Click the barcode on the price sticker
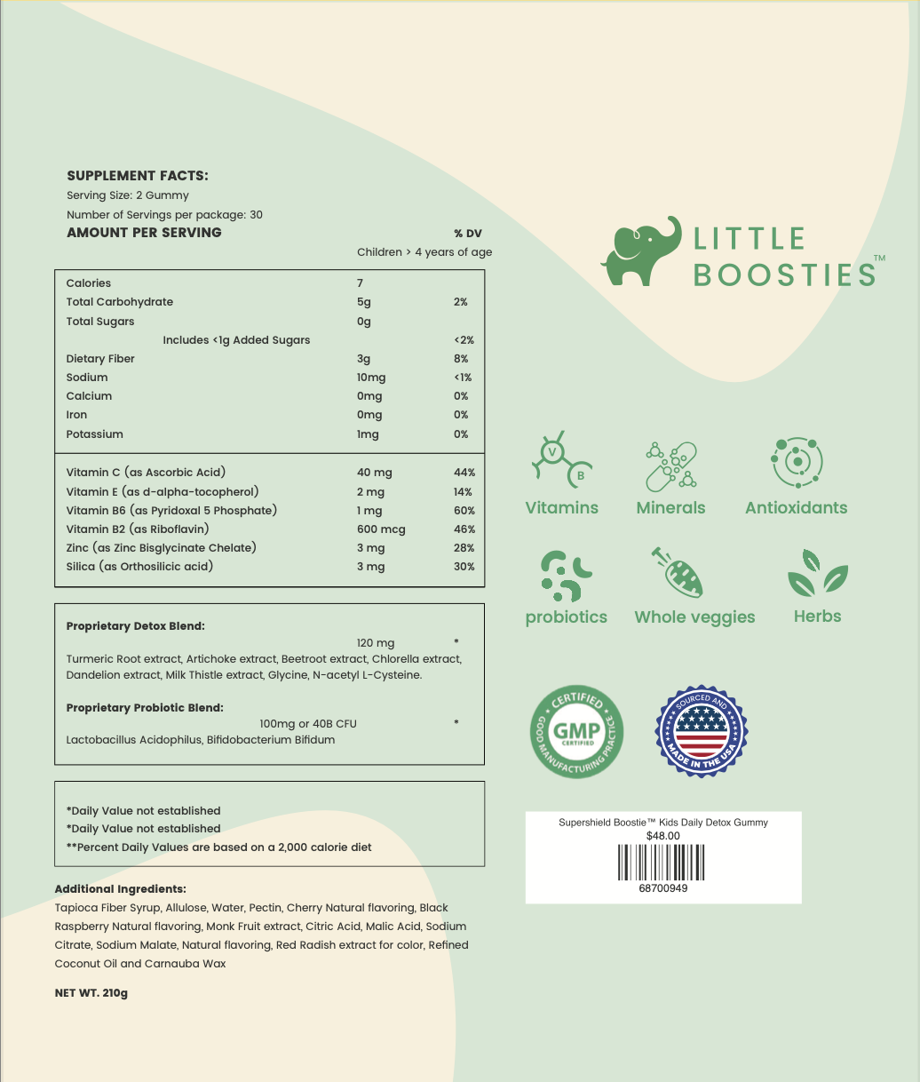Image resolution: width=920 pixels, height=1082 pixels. (x=662, y=862)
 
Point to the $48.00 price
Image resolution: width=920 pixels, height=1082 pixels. (x=662, y=836)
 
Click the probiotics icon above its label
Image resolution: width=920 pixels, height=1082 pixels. (x=566, y=576)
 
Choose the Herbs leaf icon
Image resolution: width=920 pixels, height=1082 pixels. (x=817, y=573)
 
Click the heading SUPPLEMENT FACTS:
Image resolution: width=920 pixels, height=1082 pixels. (x=138, y=176)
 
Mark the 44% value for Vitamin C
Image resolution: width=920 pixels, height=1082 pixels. (x=464, y=473)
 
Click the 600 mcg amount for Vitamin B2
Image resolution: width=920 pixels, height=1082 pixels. (x=381, y=529)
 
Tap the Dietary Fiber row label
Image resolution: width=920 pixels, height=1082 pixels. (x=100, y=359)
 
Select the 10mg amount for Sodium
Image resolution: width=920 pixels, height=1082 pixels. (x=371, y=378)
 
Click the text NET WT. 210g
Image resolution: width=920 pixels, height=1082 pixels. (x=91, y=993)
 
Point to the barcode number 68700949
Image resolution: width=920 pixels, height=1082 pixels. (x=662, y=888)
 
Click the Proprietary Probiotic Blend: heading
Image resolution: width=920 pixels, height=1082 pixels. (x=145, y=708)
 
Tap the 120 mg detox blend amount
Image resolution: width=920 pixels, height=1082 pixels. (x=376, y=643)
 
